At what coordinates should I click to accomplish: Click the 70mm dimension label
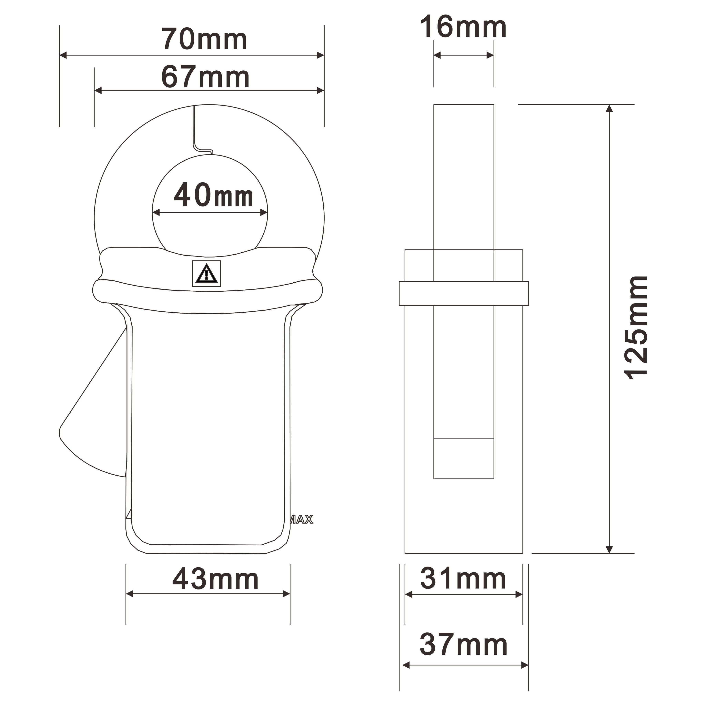pyautogui.click(x=204, y=39)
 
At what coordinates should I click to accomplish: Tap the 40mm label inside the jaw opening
pyautogui.click(x=213, y=195)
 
